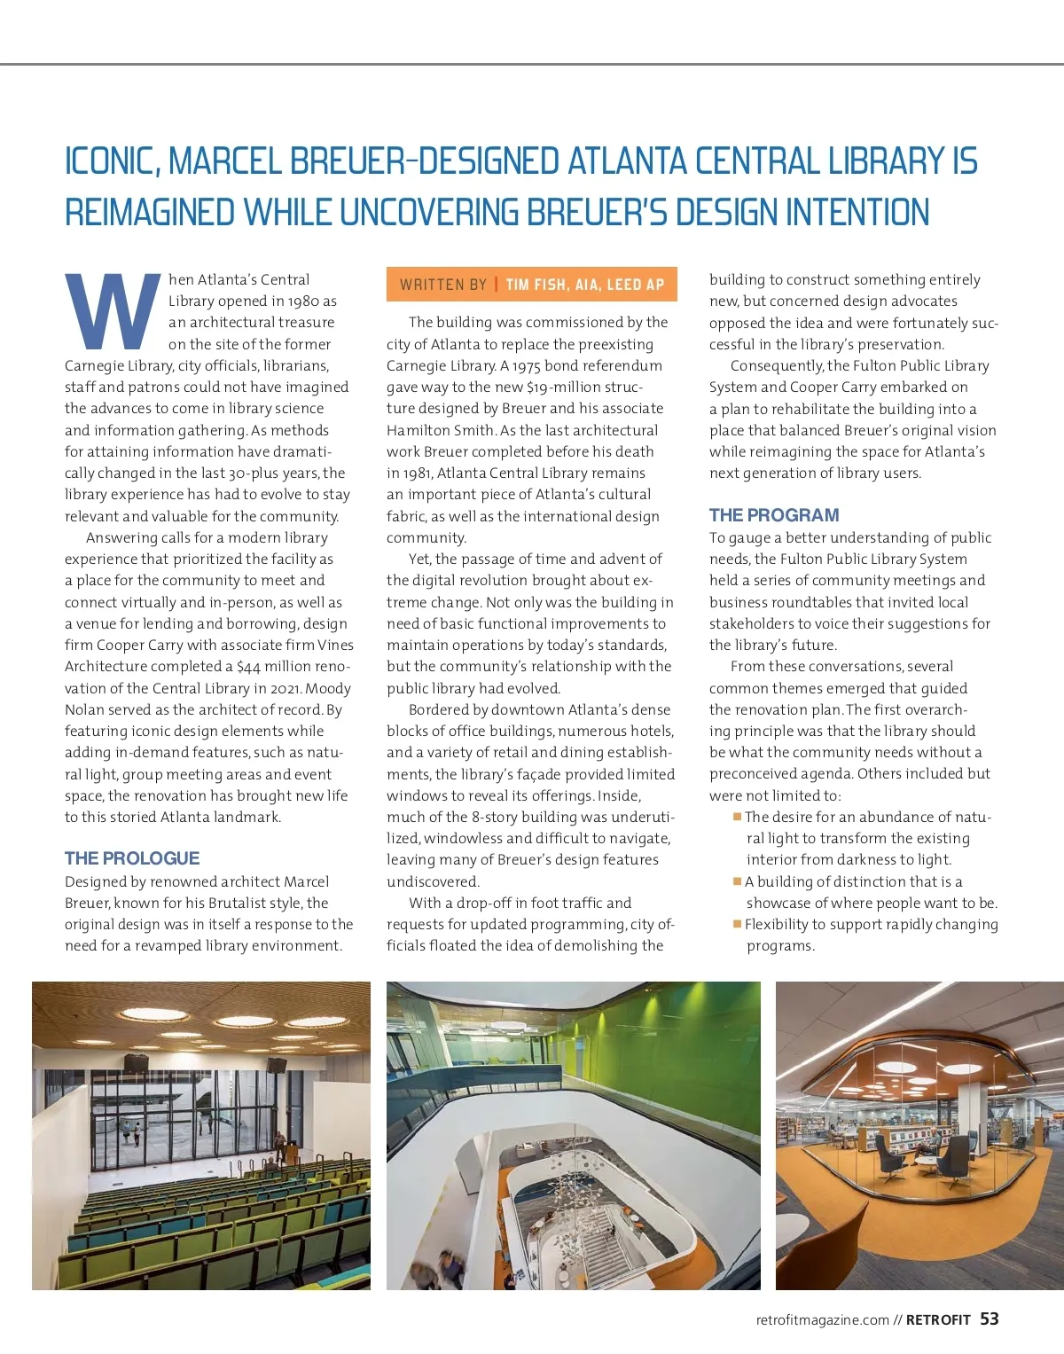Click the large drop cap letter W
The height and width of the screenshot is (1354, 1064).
[x=112, y=310]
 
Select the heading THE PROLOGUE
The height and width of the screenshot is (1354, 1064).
[x=132, y=858]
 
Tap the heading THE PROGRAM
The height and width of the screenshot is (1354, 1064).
[x=774, y=515]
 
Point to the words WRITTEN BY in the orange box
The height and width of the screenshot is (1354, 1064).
[x=443, y=285]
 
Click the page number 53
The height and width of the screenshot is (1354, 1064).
[x=990, y=1319]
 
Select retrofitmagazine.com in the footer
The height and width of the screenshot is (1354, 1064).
[x=822, y=1320]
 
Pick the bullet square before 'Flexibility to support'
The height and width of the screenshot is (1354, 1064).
[x=737, y=924]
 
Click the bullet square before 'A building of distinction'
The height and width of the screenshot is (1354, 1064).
[x=737, y=881]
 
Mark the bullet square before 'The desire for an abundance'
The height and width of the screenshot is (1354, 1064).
[x=737, y=817]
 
